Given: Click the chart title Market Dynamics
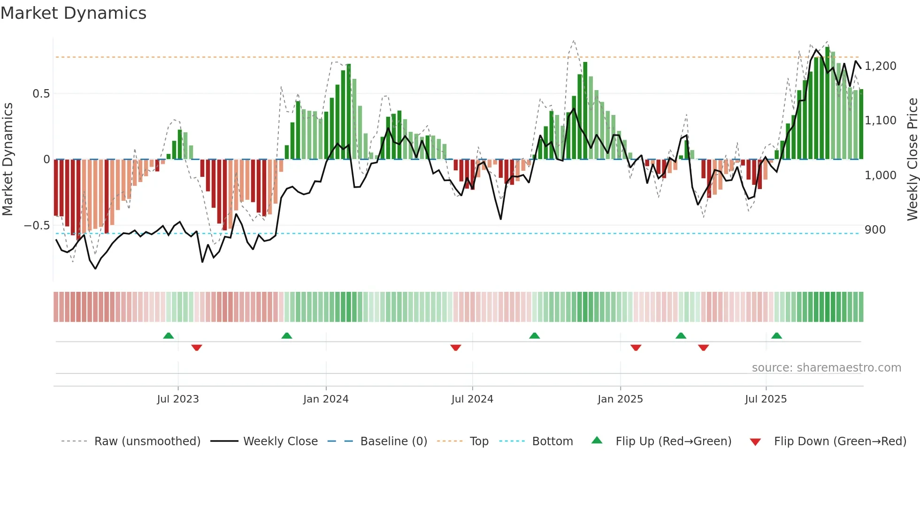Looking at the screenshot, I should pos(74,13).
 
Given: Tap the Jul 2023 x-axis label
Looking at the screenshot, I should pos(178,399).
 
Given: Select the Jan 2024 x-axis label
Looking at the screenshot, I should pos(326,399).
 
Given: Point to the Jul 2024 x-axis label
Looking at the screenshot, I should pos(472,399).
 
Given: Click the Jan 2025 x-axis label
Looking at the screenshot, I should pos(620,399).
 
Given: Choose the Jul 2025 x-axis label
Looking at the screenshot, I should pos(766,399).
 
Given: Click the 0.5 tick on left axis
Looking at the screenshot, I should pos(41,94).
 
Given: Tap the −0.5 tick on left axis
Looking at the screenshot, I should pos(37,226).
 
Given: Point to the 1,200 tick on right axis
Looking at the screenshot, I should pos(881,66).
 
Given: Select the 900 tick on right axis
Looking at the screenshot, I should pos(875,230).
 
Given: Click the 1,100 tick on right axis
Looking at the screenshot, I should pos(881,121).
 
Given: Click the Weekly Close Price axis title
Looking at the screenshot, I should pos(912,159).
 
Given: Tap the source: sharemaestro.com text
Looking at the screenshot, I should pos(826,368).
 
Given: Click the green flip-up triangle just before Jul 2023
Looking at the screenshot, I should pos(169,335).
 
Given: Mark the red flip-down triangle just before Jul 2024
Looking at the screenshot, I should pos(455,348).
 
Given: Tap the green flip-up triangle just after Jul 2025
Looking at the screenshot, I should pos(776,335).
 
